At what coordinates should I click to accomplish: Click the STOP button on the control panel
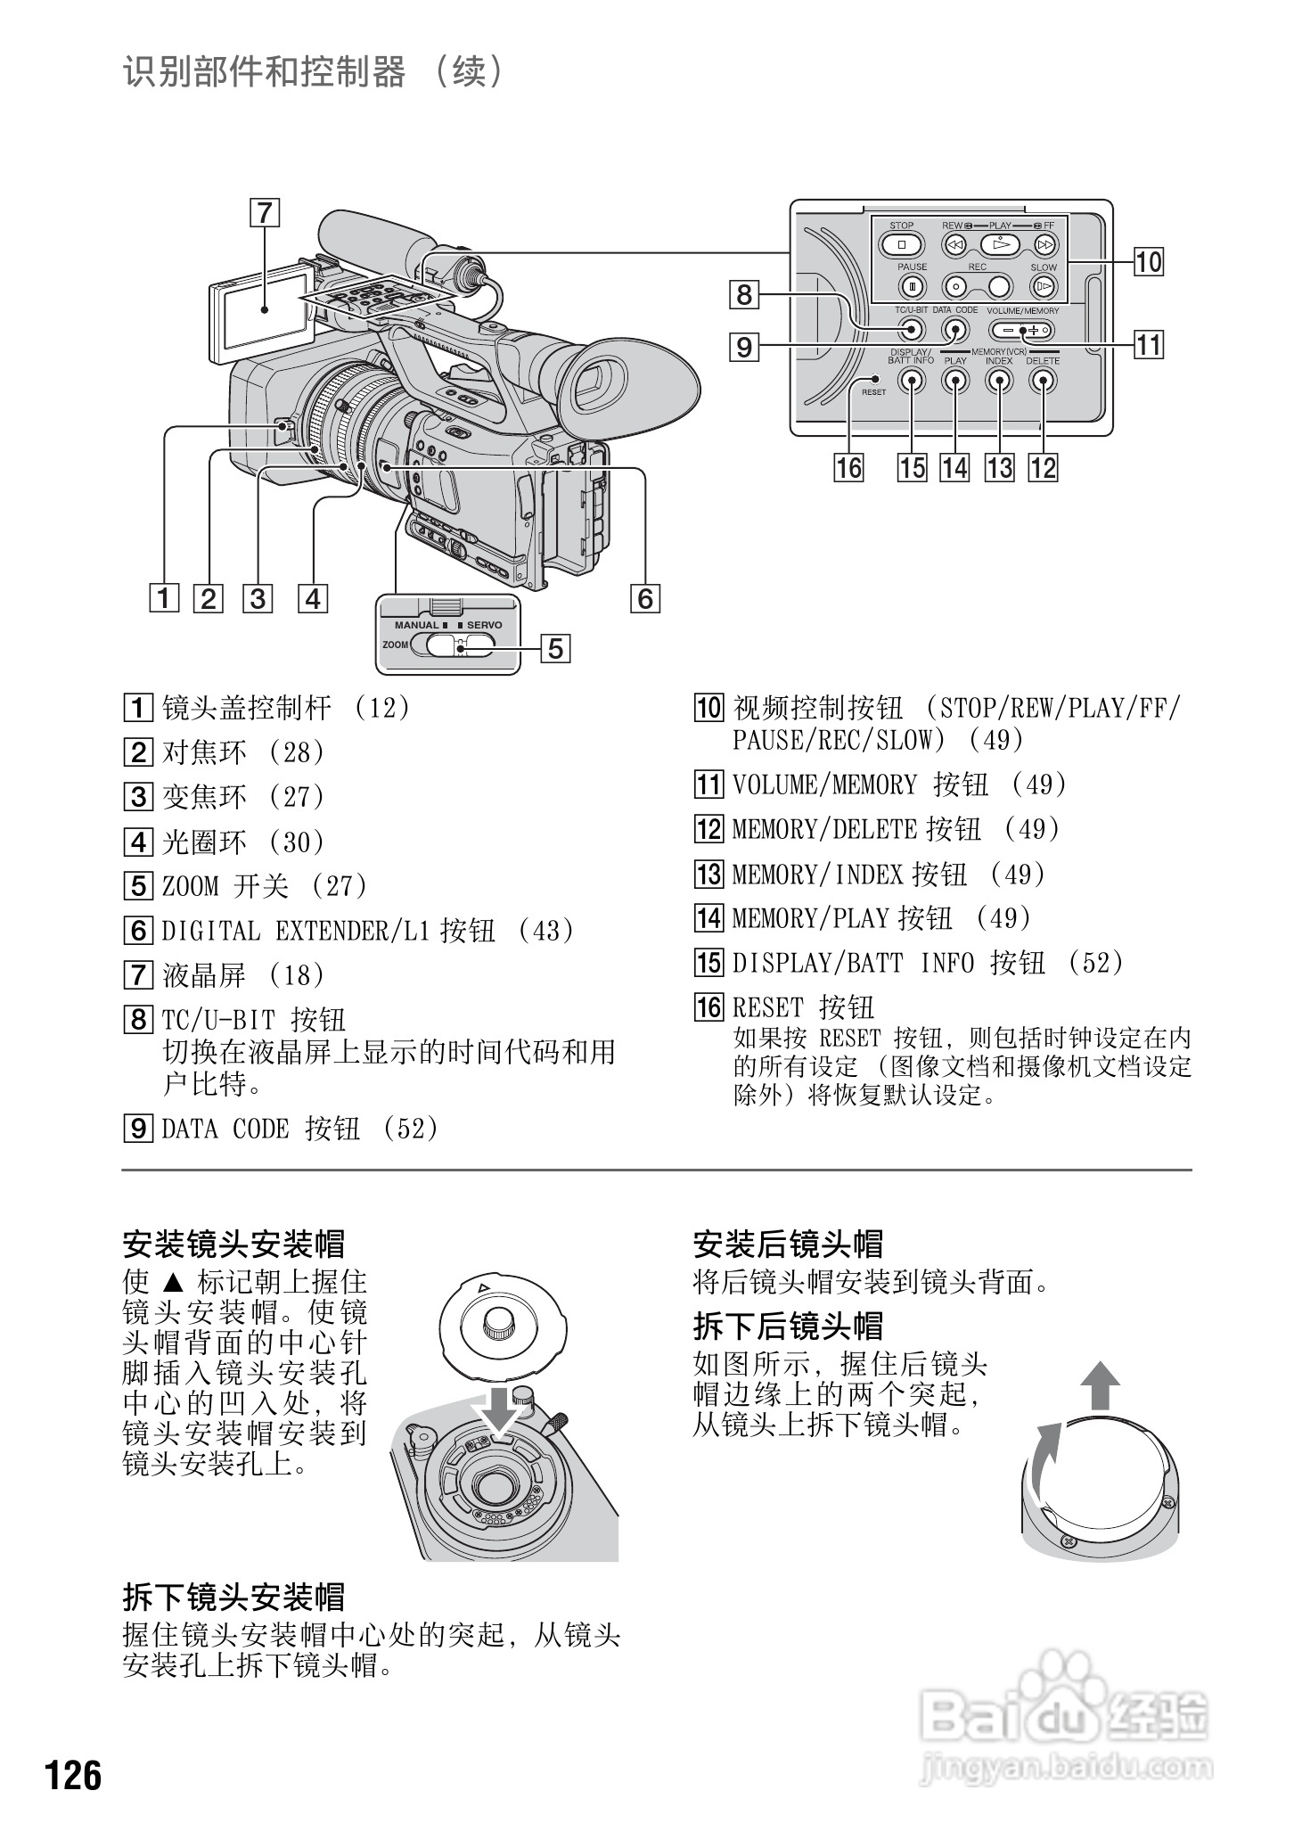[901, 244]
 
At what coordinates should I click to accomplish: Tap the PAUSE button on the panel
[912, 287]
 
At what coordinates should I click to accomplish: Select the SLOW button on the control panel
[1043, 287]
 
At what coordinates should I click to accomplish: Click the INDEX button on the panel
[999, 381]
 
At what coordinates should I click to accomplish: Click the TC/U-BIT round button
[911, 330]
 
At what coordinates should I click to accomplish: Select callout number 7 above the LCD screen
[265, 214]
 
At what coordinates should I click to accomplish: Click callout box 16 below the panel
[849, 467]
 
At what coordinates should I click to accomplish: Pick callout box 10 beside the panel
[1149, 262]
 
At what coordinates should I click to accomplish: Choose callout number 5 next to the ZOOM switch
[555, 648]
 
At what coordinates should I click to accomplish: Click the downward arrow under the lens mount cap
[501, 1410]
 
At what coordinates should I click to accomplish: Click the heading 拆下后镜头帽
[788, 1326]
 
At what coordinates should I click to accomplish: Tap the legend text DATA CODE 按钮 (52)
[299, 1129]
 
